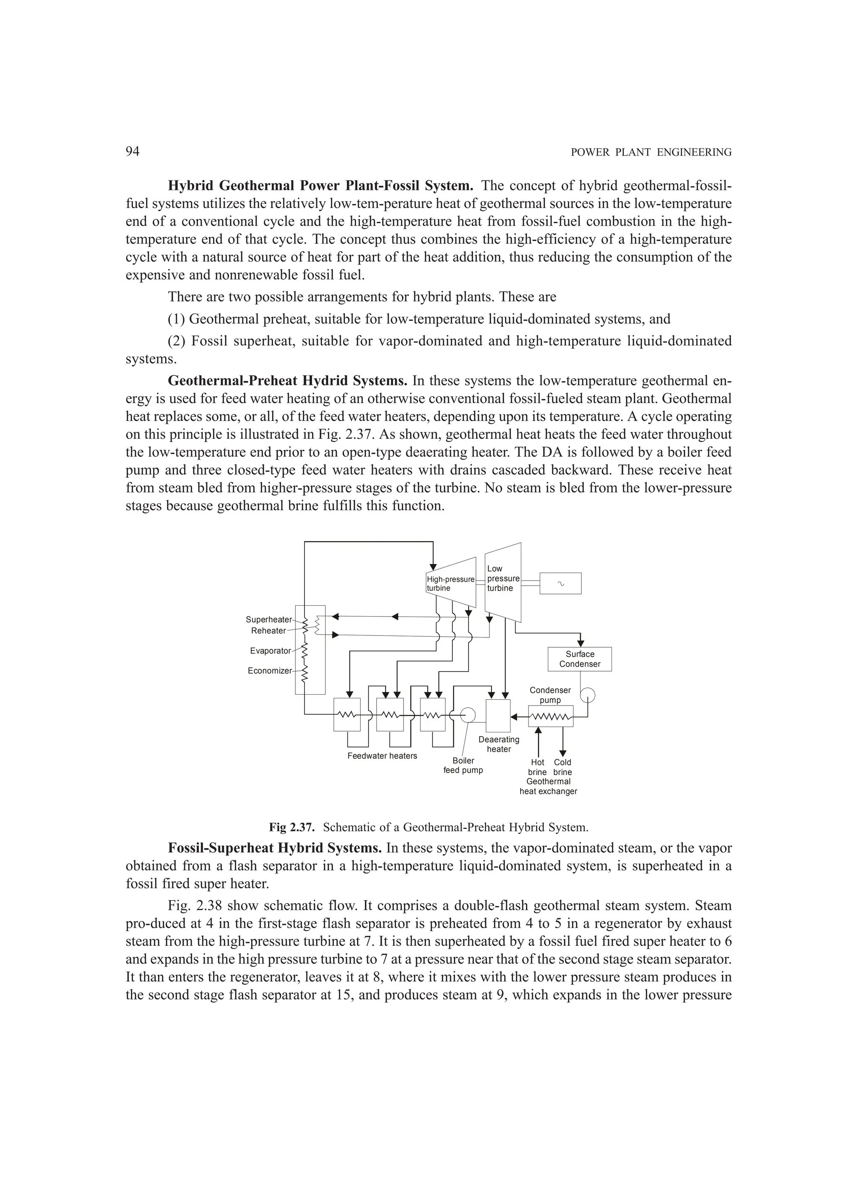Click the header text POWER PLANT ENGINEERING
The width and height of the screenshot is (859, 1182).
(651, 153)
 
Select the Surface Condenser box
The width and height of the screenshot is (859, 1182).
(579, 659)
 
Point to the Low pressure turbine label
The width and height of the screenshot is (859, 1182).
(502, 578)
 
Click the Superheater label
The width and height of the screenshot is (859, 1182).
(268, 619)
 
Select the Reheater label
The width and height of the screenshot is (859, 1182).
(268, 630)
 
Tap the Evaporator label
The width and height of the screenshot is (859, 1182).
(270, 651)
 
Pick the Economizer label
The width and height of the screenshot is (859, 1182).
(269, 671)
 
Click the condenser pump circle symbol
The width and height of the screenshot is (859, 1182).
(588, 696)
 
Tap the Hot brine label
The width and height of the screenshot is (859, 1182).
(537, 767)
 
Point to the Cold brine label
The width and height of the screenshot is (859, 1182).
(562, 767)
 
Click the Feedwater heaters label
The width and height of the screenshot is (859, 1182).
(382, 756)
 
